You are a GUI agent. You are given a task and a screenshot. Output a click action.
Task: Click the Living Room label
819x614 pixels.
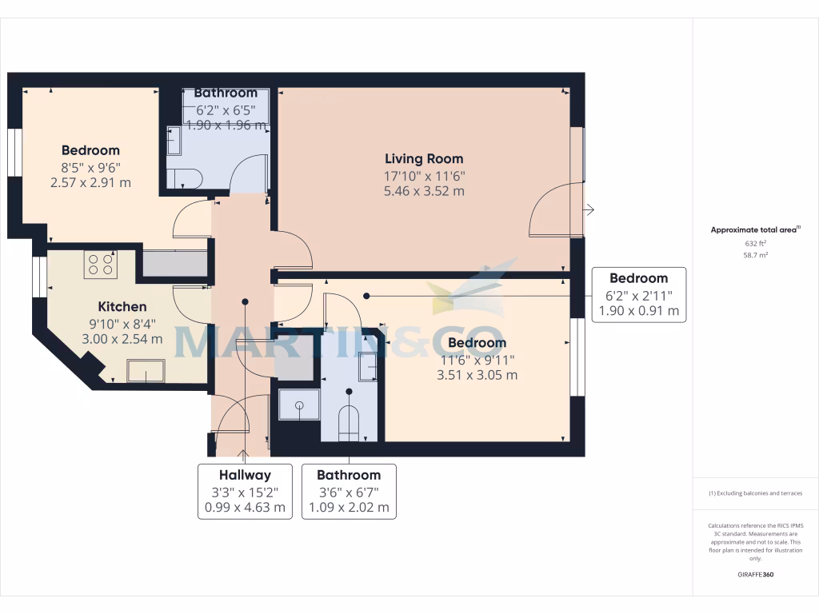coord(424,158)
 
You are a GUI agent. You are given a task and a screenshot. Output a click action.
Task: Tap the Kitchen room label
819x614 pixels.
coord(122,306)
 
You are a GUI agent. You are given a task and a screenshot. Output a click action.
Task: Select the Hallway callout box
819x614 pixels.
coord(246,491)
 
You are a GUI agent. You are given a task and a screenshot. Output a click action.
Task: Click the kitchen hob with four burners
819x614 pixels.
coord(101,265)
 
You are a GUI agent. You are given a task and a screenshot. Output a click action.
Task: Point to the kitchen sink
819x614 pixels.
coord(146,371)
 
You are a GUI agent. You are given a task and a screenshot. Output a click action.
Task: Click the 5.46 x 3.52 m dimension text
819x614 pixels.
coord(424,191)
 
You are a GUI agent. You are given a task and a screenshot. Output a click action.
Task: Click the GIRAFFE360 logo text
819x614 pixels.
coord(756,575)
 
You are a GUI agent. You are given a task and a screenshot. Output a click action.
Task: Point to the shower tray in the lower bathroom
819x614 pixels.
coord(299,405)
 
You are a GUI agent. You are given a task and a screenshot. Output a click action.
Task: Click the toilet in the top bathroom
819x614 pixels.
coord(183,178)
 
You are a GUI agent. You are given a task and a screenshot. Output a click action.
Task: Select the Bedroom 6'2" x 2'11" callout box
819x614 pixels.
coord(638,294)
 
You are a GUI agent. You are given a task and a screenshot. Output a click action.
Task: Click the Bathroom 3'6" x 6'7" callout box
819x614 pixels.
coord(348,491)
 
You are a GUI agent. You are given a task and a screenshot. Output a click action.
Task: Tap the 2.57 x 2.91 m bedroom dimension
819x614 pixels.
coord(90,182)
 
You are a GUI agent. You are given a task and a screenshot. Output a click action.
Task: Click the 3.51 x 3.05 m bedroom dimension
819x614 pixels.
coord(477,374)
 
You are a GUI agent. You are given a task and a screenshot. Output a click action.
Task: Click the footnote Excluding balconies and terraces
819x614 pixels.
coord(755,493)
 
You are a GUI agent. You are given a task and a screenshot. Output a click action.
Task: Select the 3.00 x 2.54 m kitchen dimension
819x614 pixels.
coord(122,338)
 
